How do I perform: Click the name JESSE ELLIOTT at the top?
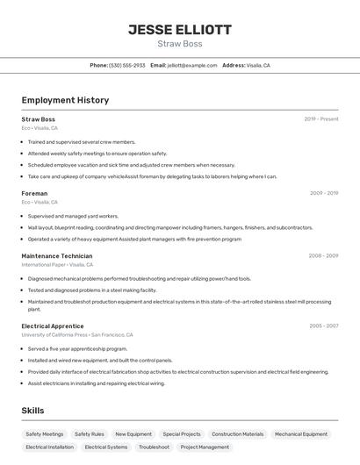(180, 30)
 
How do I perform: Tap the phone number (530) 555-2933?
(127, 65)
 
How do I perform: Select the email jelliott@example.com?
(192, 65)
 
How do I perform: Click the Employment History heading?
(65, 100)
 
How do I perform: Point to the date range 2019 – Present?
(321, 119)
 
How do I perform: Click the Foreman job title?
(34, 193)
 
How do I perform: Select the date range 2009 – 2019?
(324, 193)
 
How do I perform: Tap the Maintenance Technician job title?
(57, 256)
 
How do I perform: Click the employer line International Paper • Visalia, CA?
(57, 264)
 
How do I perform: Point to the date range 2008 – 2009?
(323, 256)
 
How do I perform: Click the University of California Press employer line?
(77, 334)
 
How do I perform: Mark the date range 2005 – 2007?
(323, 325)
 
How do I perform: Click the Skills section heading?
(32, 411)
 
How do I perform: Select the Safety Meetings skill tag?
(45, 433)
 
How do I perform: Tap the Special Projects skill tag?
(182, 433)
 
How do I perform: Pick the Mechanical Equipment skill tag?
(301, 433)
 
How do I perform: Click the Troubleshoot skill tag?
(154, 447)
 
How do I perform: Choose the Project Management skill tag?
(205, 447)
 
